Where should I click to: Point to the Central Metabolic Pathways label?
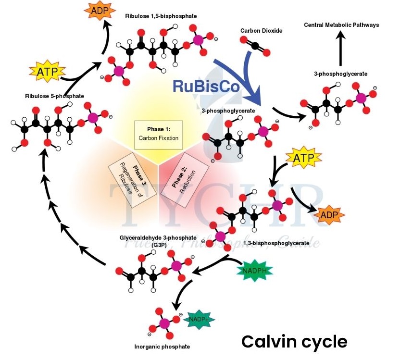tap(341, 25)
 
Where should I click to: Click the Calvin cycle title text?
tap(294, 342)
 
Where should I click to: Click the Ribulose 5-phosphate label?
tap(51, 96)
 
